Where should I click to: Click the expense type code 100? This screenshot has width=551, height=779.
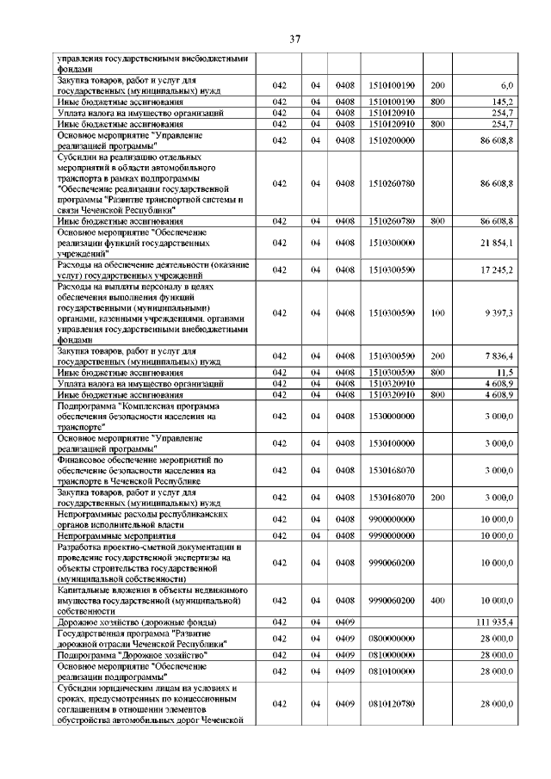click(x=437, y=313)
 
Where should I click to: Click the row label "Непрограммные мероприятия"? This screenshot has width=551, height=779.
click(x=117, y=535)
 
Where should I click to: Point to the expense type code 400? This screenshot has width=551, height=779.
click(x=437, y=599)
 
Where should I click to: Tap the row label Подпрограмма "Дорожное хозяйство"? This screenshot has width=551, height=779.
click(x=134, y=655)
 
